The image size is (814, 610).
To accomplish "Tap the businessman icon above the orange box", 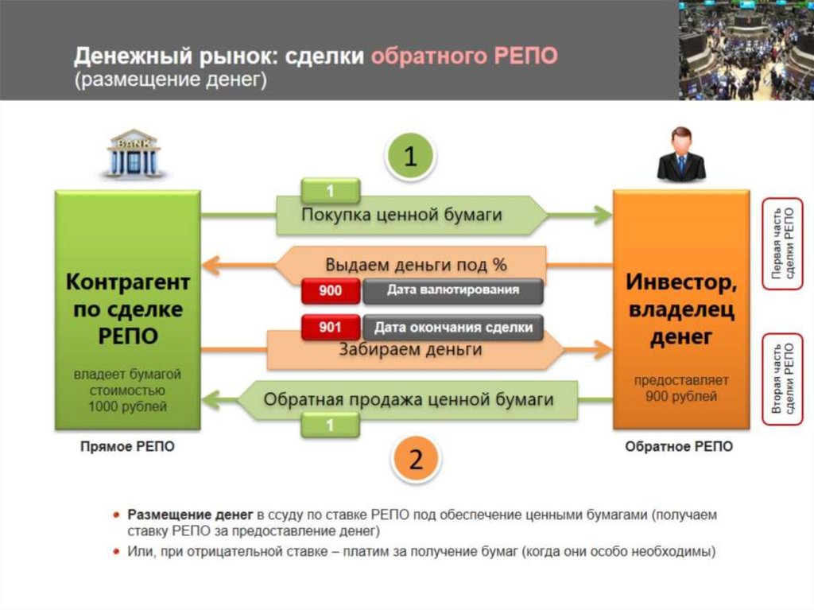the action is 680,154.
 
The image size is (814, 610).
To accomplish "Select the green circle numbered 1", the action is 410,157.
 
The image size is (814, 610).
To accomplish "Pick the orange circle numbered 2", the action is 414,459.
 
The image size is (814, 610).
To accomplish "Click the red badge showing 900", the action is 331,291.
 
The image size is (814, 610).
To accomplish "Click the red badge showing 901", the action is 331,327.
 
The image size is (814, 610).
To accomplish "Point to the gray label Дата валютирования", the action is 453,290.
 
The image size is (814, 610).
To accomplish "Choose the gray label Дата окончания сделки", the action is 453,327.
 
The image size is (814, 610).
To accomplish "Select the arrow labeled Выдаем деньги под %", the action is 415,264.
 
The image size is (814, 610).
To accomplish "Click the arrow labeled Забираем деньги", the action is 412,350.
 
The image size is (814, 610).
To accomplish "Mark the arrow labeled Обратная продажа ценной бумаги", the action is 409,399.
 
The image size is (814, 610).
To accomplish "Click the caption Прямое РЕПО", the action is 127,447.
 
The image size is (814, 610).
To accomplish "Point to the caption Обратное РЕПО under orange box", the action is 680,447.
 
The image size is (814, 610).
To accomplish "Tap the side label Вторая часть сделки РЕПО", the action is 782,380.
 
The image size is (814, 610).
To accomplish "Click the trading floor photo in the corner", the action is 746,49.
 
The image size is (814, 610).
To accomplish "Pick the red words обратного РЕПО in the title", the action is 465,56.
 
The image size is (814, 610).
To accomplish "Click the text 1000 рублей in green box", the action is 128,407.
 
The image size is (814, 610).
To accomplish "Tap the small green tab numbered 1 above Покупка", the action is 331,191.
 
